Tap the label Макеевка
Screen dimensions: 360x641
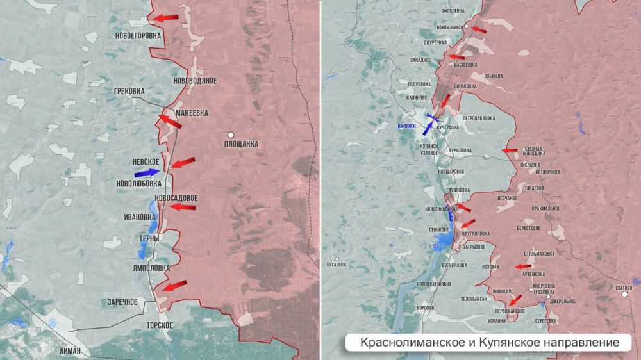[x=192, y=113]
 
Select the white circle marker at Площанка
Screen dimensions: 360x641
[x=230, y=135]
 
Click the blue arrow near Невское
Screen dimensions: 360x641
[x=147, y=172]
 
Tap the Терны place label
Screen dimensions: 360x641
[x=149, y=238]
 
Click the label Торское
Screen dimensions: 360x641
[x=159, y=325]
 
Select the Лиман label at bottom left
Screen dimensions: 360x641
[x=69, y=350]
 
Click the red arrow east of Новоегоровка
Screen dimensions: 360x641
[x=168, y=19]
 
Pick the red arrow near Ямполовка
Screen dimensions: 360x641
[x=174, y=285]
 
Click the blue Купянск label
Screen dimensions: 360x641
[x=406, y=127]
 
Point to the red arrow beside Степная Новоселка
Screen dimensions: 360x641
[x=510, y=151]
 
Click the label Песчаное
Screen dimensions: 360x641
[x=506, y=199]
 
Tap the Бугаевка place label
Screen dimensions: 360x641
[x=335, y=264]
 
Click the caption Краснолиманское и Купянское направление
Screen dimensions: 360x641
[x=490, y=343]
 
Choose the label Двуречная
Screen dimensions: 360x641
[x=435, y=42]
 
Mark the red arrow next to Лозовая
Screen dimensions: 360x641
[x=524, y=266]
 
